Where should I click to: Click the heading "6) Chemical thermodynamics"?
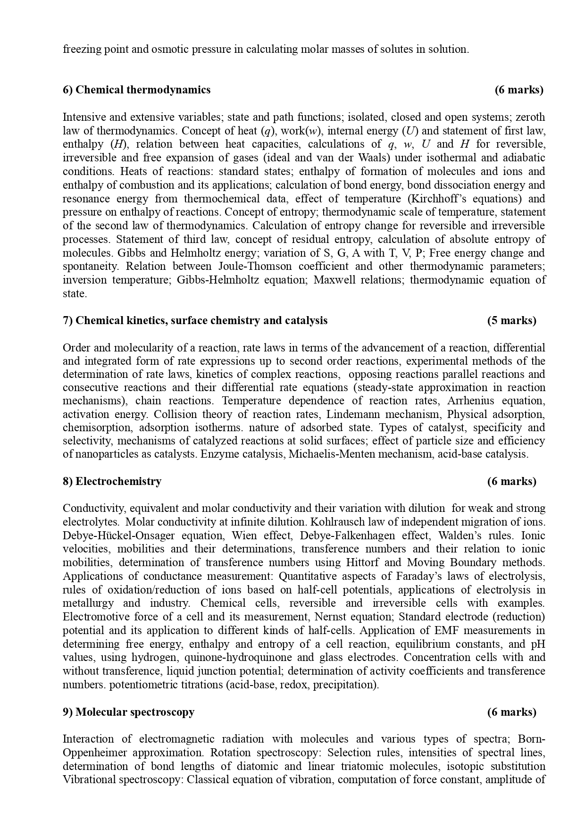click(136, 90)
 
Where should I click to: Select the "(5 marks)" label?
click(511, 320)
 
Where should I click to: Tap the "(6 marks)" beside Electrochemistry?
click(511, 481)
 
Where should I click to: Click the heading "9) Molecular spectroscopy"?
click(128, 712)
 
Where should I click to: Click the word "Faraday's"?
click(490, 576)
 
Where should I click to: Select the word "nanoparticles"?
click(101, 454)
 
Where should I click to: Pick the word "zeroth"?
click(530, 117)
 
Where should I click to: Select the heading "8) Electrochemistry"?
click(112, 481)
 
